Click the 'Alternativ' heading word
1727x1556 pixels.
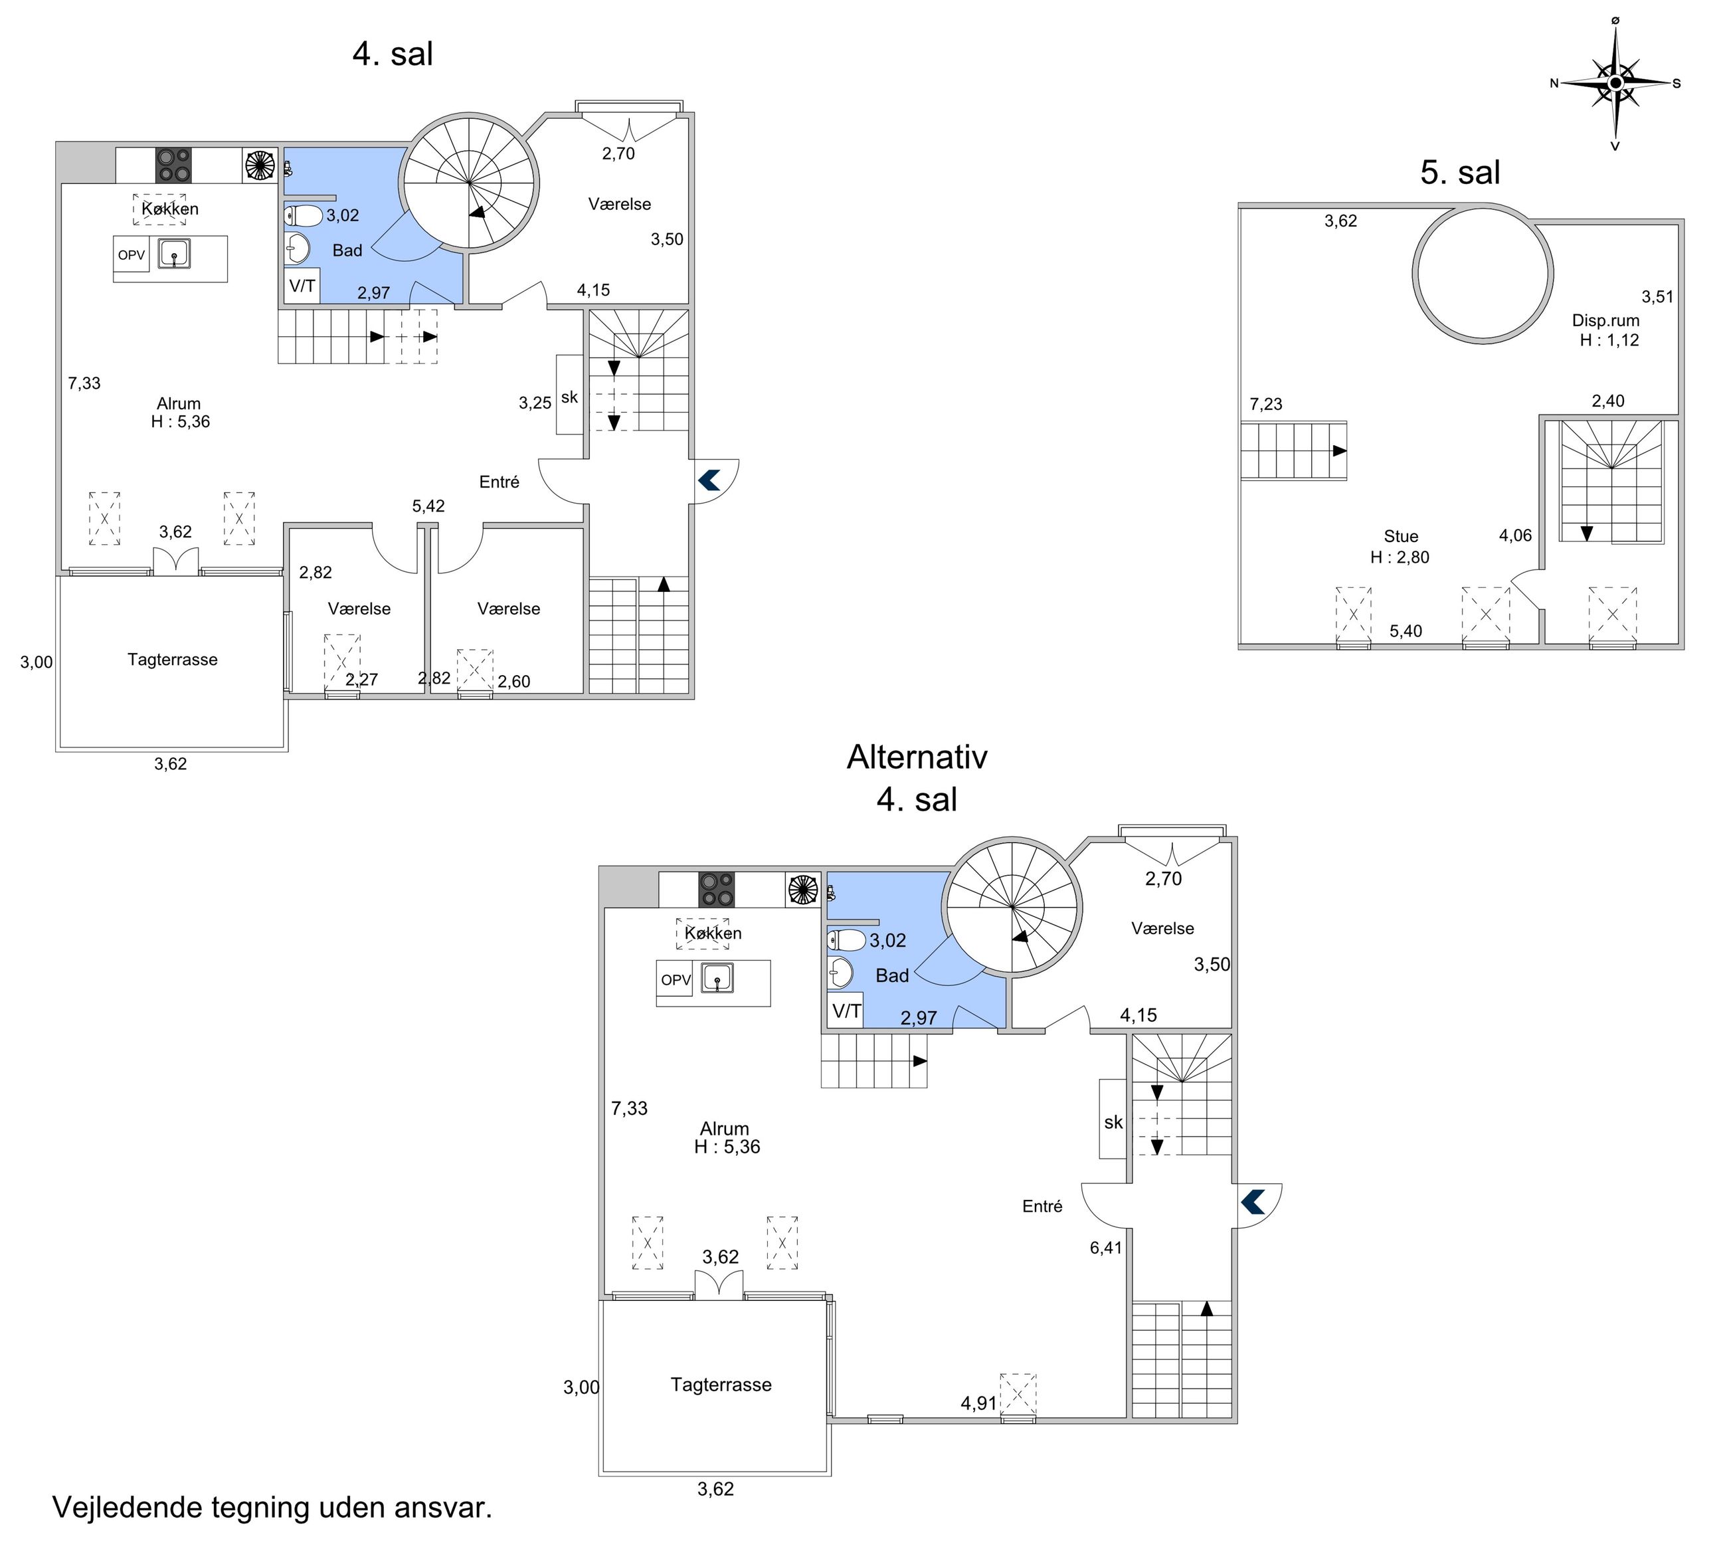point(917,757)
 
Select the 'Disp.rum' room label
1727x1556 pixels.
point(1605,321)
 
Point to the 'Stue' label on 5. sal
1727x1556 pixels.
point(1401,536)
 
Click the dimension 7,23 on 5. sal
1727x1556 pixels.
point(1265,405)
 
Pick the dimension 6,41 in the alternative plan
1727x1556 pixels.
point(1106,1247)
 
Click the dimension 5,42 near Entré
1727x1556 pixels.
point(428,506)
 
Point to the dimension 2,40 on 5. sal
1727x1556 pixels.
point(1607,401)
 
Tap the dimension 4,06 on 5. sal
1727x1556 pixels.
point(1515,536)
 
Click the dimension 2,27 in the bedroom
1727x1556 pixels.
point(361,680)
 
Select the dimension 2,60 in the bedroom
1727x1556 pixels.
point(513,682)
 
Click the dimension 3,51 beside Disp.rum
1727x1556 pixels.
point(1658,297)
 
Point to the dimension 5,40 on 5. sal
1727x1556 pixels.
point(1406,632)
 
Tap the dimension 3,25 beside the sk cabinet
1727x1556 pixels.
point(535,403)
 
